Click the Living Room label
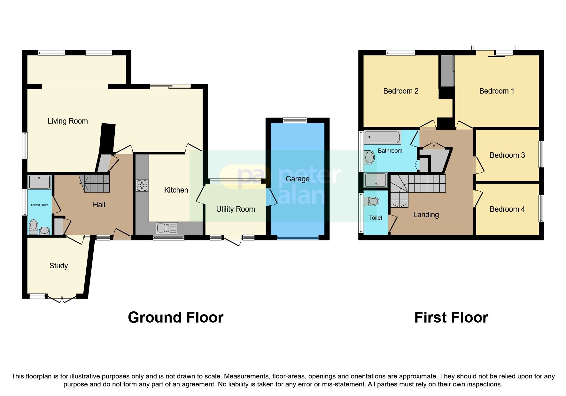pos(67,121)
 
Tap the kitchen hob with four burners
pos(142,186)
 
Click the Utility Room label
pos(235,209)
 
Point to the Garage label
pos(297,179)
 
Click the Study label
pos(58,266)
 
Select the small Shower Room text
pos(39,205)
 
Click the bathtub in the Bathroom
pos(382,137)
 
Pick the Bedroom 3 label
pos(507,155)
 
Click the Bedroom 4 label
pos(507,209)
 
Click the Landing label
pos(426,215)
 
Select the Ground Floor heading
pos(175,317)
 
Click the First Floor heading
pos(451,317)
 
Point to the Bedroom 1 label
pos(496,91)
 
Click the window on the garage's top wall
pos(295,120)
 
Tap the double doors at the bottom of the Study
pos(62,299)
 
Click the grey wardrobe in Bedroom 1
pos(447,71)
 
